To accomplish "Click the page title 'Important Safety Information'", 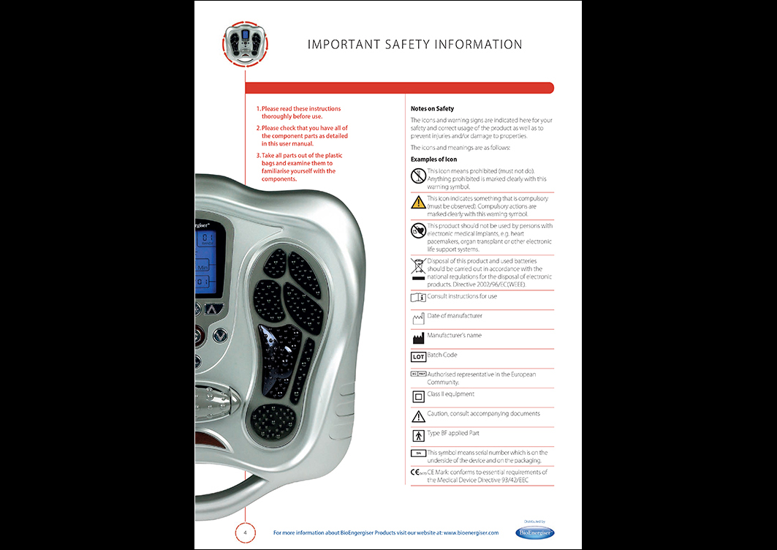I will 414,45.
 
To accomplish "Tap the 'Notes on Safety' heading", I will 432,109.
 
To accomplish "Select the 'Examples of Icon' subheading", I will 433,159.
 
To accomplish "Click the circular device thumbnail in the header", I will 244,42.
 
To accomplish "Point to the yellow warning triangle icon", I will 418,203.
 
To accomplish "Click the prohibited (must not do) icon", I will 418,176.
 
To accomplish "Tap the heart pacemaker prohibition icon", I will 418,231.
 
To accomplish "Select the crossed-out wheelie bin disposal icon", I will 418,268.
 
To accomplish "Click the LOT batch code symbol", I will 418,357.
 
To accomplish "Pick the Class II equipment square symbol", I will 418,397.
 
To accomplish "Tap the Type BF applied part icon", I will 418,436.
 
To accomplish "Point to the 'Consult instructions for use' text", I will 462,296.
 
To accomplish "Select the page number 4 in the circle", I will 245,532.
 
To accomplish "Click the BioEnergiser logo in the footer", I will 535,532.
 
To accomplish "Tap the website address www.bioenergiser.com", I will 471,532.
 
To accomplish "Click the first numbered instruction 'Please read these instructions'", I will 300,113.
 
